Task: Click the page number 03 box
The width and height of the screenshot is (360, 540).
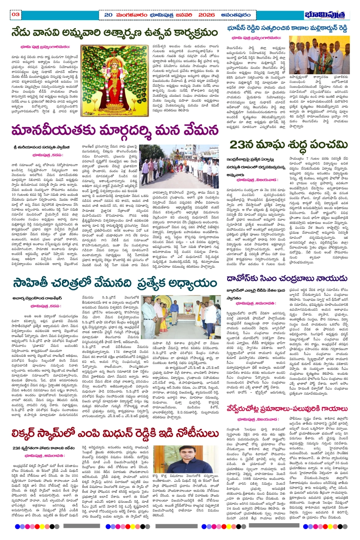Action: [15, 14]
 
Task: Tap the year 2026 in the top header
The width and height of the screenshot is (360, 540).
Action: [206, 15]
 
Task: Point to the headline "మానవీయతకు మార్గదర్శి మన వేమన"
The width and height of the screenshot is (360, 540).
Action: [115, 130]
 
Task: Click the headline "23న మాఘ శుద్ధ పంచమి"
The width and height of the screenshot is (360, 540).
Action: [289, 145]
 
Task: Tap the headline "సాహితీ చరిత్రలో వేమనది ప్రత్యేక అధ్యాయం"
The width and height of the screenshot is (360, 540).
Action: [115, 283]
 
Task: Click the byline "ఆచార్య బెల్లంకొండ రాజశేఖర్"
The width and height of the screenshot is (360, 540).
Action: [37, 298]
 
